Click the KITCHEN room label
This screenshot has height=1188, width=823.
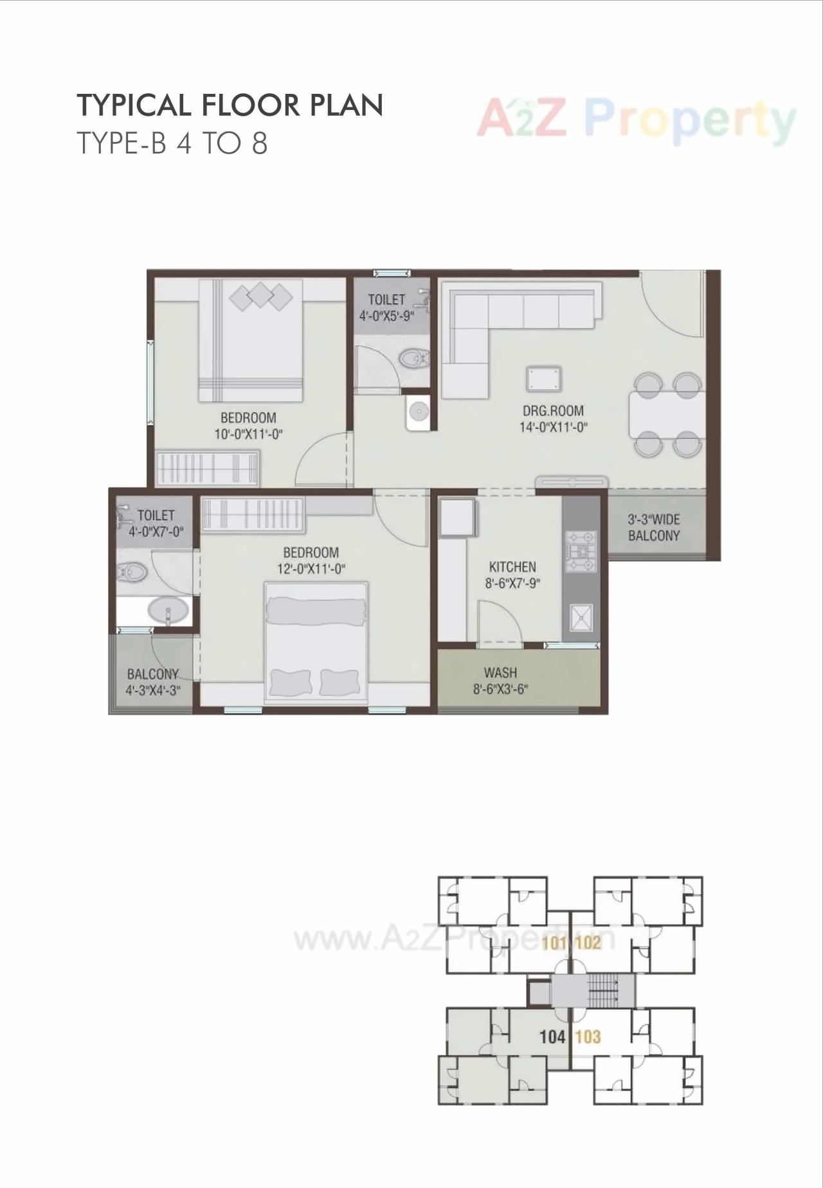(512, 567)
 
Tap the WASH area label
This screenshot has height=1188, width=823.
(500, 672)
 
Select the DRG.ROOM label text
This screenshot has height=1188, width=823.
(553, 411)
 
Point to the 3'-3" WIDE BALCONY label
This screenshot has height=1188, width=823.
(654, 527)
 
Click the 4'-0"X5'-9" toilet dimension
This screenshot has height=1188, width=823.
(386, 316)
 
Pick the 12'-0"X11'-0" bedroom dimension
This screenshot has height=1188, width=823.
(311, 568)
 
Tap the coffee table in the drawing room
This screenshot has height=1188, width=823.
(543, 379)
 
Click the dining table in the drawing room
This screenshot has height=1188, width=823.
(666, 415)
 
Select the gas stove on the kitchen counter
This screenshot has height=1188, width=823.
(581, 551)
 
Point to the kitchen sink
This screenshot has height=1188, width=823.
(581, 617)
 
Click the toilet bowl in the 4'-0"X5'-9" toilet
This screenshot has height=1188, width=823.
(413, 357)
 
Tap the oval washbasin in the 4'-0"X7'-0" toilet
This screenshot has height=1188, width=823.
(168, 609)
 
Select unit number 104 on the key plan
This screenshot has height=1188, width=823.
(552, 1036)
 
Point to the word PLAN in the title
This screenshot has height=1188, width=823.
(347, 105)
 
